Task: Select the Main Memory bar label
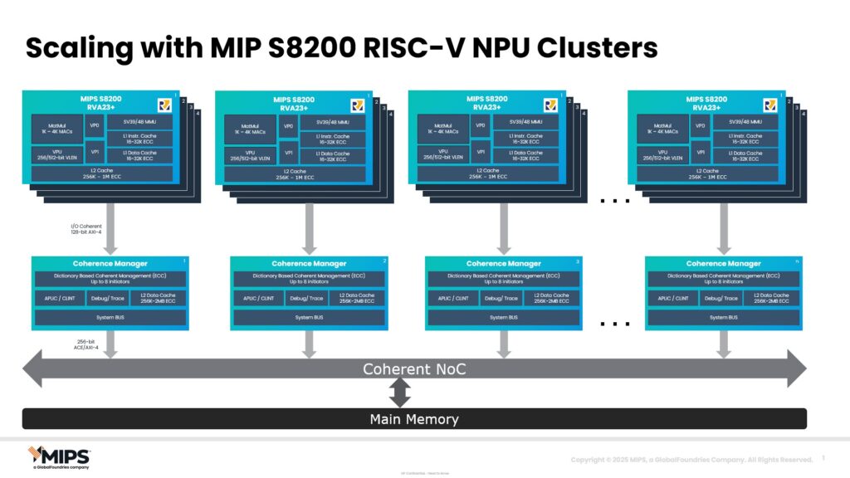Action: (x=414, y=419)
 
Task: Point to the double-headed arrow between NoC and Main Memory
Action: (x=401, y=392)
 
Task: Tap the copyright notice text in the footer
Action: (x=691, y=460)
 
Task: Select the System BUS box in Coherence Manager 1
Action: (x=108, y=318)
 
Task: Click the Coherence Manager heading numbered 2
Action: (x=307, y=264)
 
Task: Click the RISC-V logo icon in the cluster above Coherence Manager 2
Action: (x=358, y=105)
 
